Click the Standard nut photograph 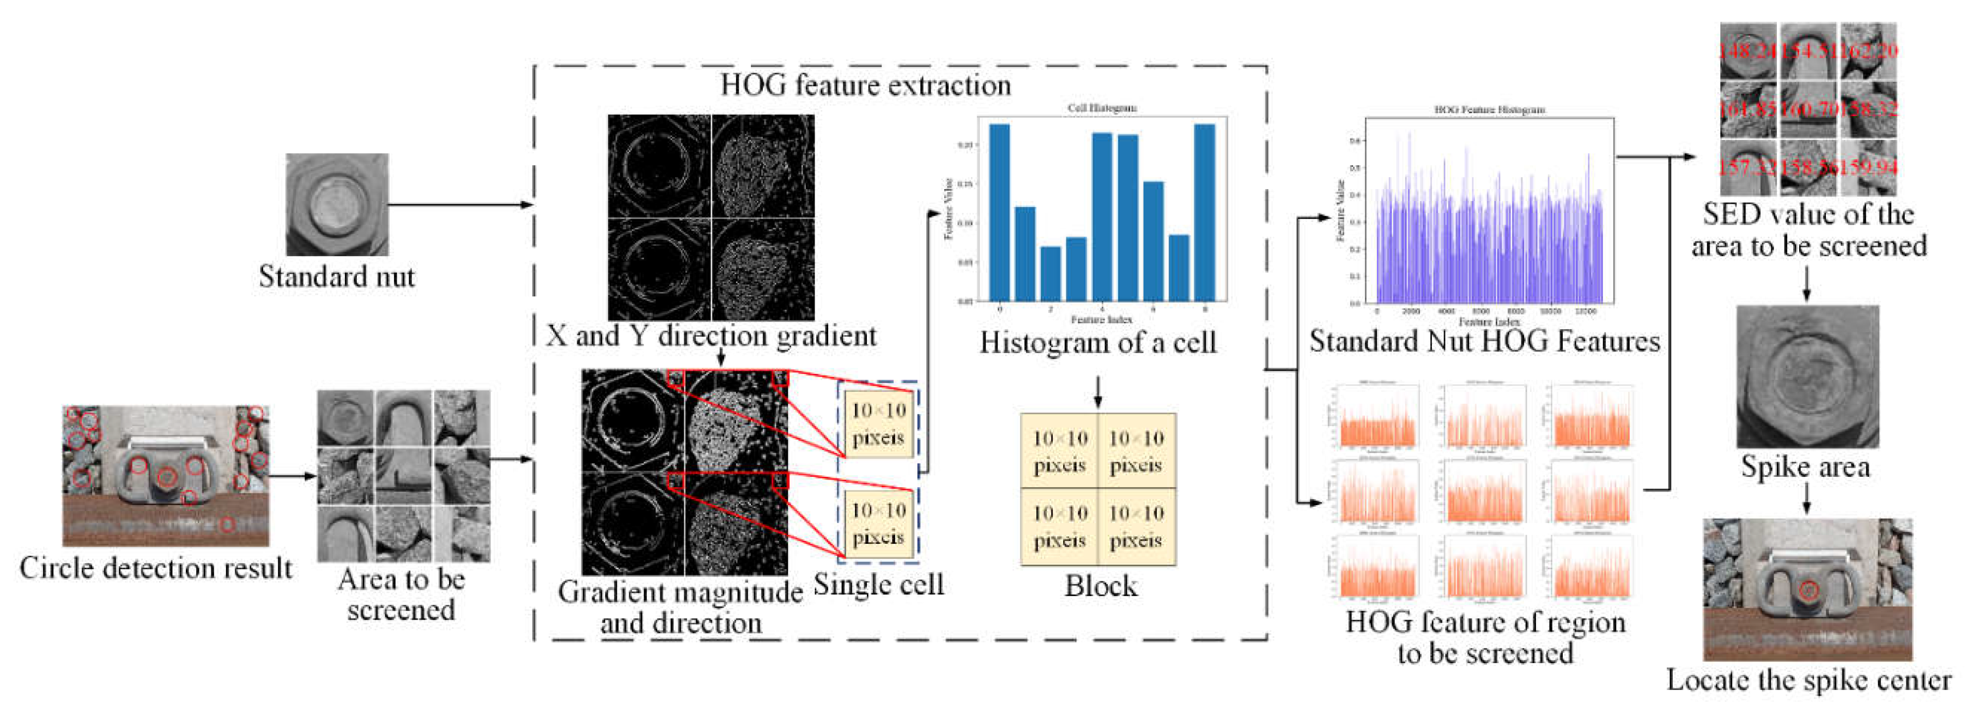(337, 204)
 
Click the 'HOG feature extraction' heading (865, 84)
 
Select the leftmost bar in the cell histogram (999, 212)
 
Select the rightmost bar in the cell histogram (1204, 212)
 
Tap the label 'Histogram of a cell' (1097, 343)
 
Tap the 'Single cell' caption (878, 584)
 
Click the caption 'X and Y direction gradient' (711, 336)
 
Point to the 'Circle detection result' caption (156, 568)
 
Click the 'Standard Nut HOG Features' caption (1484, 341)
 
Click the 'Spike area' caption (1805, 466)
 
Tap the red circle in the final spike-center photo (1807, 590)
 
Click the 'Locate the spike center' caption (1808, 680)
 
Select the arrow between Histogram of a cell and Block (1097, 391)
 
